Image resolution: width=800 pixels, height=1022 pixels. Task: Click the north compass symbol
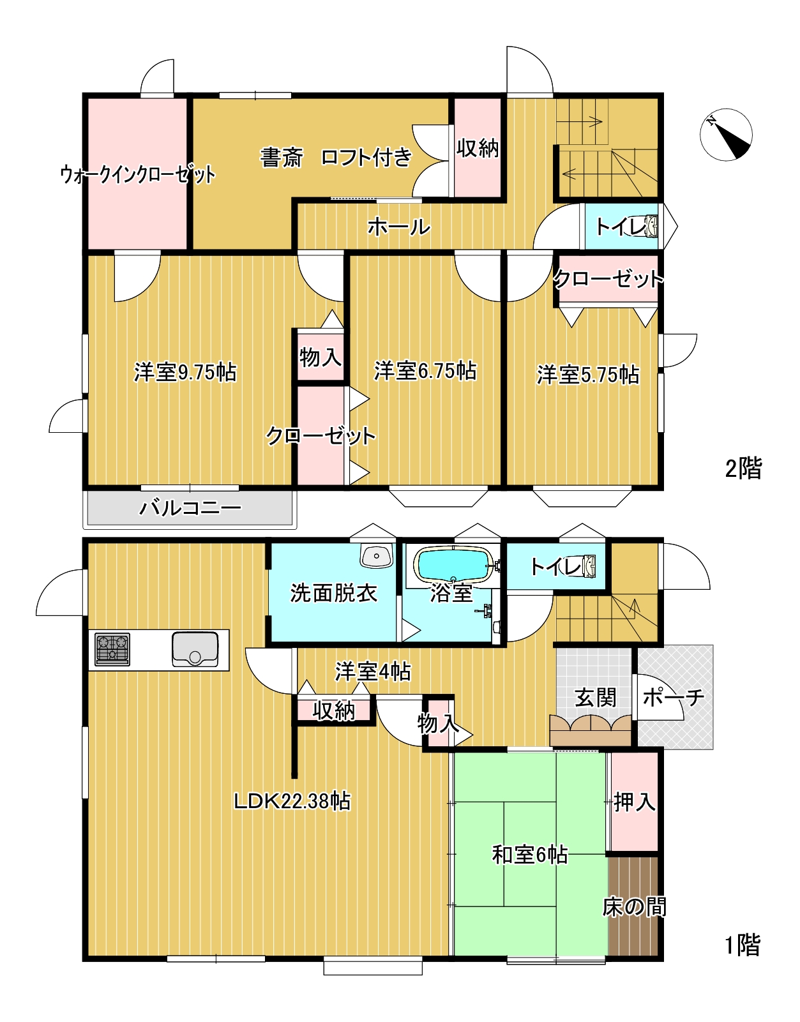click(x=726, y=135)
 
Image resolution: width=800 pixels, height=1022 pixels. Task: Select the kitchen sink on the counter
click(x=195, y=649)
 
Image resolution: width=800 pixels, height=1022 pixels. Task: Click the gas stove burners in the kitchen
click(x=112, y=649)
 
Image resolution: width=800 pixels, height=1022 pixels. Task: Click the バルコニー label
click(x=190, y=508)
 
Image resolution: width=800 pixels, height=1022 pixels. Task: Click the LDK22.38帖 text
click(x=292, y=801)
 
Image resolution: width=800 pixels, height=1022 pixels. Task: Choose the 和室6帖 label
click(x=529, y=855)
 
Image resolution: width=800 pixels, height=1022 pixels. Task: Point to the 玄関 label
click(x=595, y=698)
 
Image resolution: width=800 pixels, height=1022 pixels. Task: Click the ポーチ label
click(x=674, y=697)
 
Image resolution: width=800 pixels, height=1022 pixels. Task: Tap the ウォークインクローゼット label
click(x=138, y=174)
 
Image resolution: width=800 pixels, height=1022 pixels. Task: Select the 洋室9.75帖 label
click(x=185, y=373)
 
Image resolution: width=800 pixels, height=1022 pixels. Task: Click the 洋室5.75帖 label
click(x=588, y=375)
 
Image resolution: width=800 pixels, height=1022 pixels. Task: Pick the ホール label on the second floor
click(x=399, y=227)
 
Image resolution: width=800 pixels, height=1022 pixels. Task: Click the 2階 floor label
click(x=743, y=469)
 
